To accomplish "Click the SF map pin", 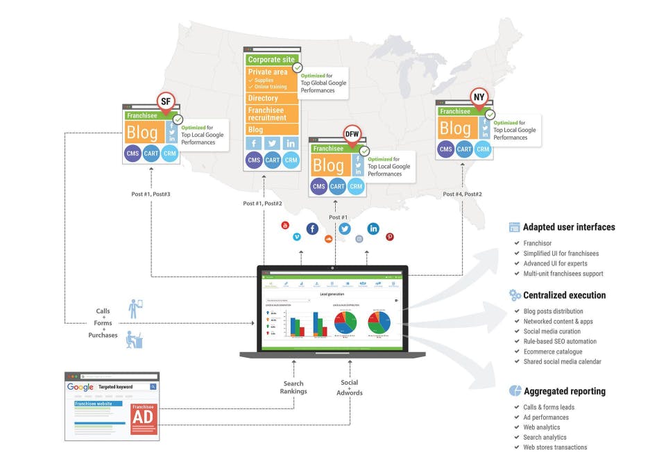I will pos(166,102).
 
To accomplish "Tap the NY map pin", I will pos(478,96).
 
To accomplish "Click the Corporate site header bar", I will pos(272,60).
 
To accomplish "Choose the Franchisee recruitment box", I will pos(272,114).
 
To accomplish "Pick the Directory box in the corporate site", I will pos(272,99).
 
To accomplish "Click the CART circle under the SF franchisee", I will pos(152,153).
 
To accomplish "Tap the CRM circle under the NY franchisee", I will pos(483,149).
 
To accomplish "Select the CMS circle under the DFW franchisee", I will pos(319,186).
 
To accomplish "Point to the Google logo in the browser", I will pos(80,387).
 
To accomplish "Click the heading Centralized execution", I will pos(564,295).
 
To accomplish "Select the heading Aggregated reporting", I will pos(564,391).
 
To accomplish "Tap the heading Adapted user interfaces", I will pos(568,227).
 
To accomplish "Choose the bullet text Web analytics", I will pos(542,427).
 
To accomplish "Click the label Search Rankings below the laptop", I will pos(293,387).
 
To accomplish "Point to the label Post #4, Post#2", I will pos(463,194).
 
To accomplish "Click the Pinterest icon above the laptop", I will pos(390,237).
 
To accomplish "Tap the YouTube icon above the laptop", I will pos(284,225).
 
